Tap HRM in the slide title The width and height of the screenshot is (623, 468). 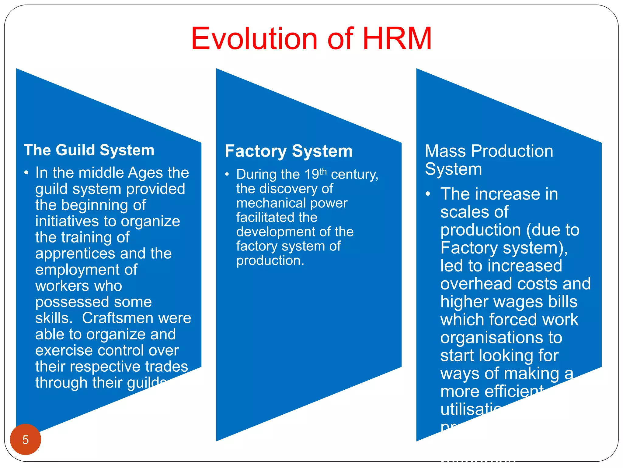point(397,39)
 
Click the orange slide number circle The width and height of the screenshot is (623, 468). point(26,439)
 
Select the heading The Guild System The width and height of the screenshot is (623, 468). point(89,150)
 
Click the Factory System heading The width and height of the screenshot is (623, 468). point(289,151)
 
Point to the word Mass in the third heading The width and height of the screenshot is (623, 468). point(445,151)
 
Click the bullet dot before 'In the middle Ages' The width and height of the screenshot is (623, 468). point(26,173)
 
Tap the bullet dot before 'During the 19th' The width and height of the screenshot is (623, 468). point(227,175)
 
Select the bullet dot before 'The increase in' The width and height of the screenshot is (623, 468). point(428,194)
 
